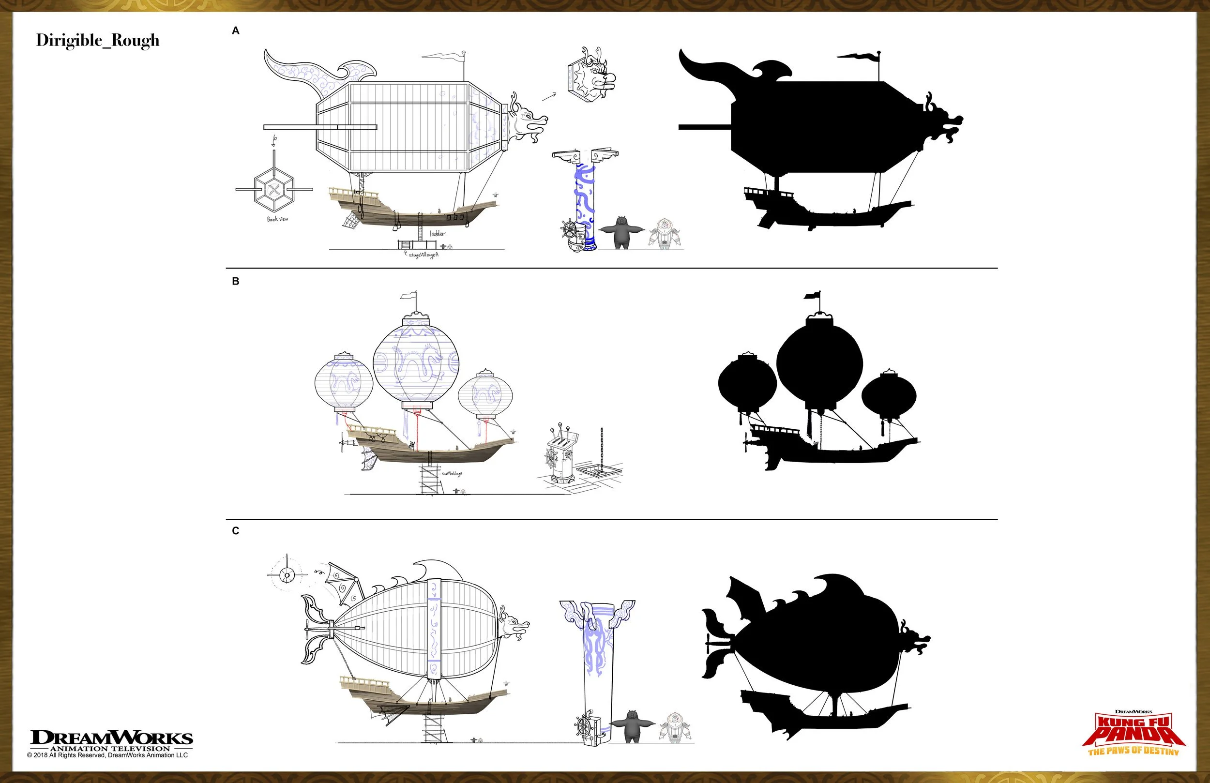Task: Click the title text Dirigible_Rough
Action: (x=98, y=41)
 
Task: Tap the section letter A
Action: (x=235, y=31)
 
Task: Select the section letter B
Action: (x=235, y=281)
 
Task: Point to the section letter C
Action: (x=235, y=531)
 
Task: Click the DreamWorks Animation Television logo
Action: (x=111, y=740)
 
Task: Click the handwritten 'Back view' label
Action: (x=278, y=219)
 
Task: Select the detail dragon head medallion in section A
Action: (x=591, y=76)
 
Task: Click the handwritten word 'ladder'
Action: (x=437, y=233)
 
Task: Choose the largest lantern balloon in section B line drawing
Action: (x=416, y=363)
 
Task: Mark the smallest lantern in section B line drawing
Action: (x=485, y=394)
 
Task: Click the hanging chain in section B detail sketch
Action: (x=603, y=448)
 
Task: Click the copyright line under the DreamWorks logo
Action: (x=108, y=755)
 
